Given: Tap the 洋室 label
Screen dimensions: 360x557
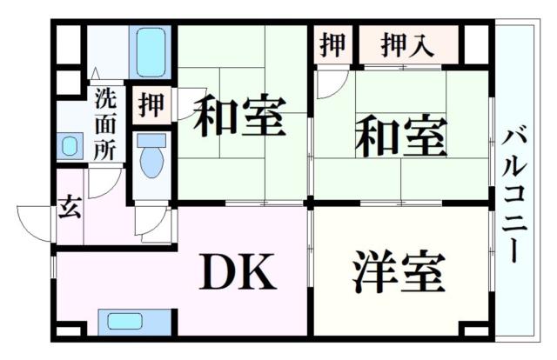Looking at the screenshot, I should (399, 273).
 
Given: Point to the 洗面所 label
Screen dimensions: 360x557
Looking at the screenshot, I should (104, 123).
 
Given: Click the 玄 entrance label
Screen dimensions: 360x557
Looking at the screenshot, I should (69, 209).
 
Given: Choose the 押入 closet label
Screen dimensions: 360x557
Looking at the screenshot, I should (407, 44).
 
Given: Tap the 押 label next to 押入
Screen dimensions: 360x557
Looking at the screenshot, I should (332, 44).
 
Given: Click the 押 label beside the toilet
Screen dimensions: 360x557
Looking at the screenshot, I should (150, 104).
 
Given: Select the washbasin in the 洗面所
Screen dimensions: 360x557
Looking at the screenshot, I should (70, 146).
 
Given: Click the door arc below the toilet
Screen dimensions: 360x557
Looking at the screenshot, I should (150, 223).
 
